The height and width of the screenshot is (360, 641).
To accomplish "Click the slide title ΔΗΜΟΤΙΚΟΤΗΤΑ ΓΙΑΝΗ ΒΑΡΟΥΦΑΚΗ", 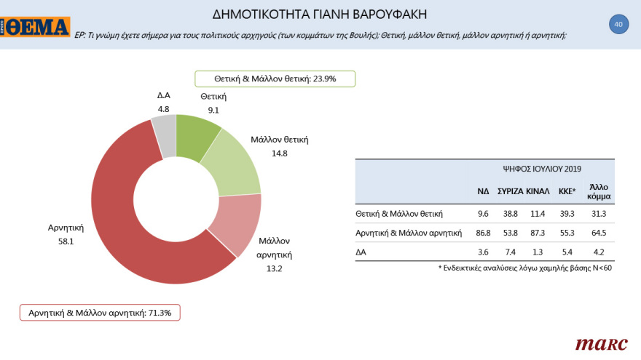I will pos(320,14).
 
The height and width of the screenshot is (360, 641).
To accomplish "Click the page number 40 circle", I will pos(618,25).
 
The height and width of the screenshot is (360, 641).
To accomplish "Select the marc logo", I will pos(601,343).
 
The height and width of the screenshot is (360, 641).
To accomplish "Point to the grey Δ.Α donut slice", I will pos(165,134).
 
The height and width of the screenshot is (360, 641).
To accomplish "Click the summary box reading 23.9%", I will pos(275,79).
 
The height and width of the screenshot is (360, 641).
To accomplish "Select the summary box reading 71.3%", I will pos(100,312).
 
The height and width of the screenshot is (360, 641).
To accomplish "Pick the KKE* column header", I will pos(567,191).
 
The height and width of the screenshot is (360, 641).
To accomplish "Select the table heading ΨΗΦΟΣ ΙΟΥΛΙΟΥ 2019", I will pos(541,168).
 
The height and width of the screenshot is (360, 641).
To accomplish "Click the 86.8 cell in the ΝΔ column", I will pos(483,233).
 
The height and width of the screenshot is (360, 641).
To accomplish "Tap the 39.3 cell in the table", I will pos(567,214).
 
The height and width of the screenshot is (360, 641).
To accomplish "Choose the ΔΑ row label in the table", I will pos(361,252).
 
